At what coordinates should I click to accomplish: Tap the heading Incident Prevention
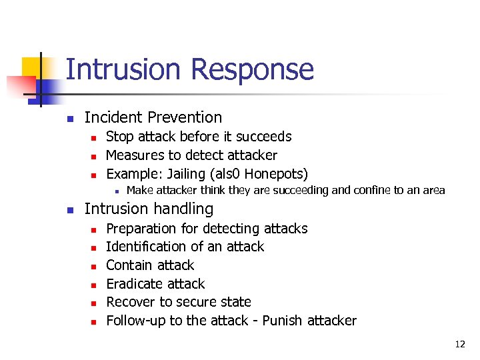153,117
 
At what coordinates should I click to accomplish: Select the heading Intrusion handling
149,209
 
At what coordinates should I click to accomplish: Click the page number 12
460,345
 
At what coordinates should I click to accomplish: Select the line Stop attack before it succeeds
199,137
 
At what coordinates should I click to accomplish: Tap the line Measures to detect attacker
191,155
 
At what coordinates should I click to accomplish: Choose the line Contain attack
150,265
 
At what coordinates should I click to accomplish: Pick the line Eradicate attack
155,284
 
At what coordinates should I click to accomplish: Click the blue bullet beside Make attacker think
116,191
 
